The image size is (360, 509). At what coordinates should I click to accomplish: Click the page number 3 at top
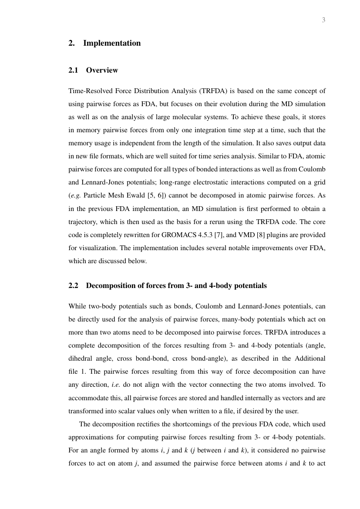323,20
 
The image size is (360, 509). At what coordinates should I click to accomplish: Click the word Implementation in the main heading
112,43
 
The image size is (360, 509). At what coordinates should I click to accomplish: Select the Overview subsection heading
102,70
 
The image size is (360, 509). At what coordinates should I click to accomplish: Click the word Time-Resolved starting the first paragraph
89,91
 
